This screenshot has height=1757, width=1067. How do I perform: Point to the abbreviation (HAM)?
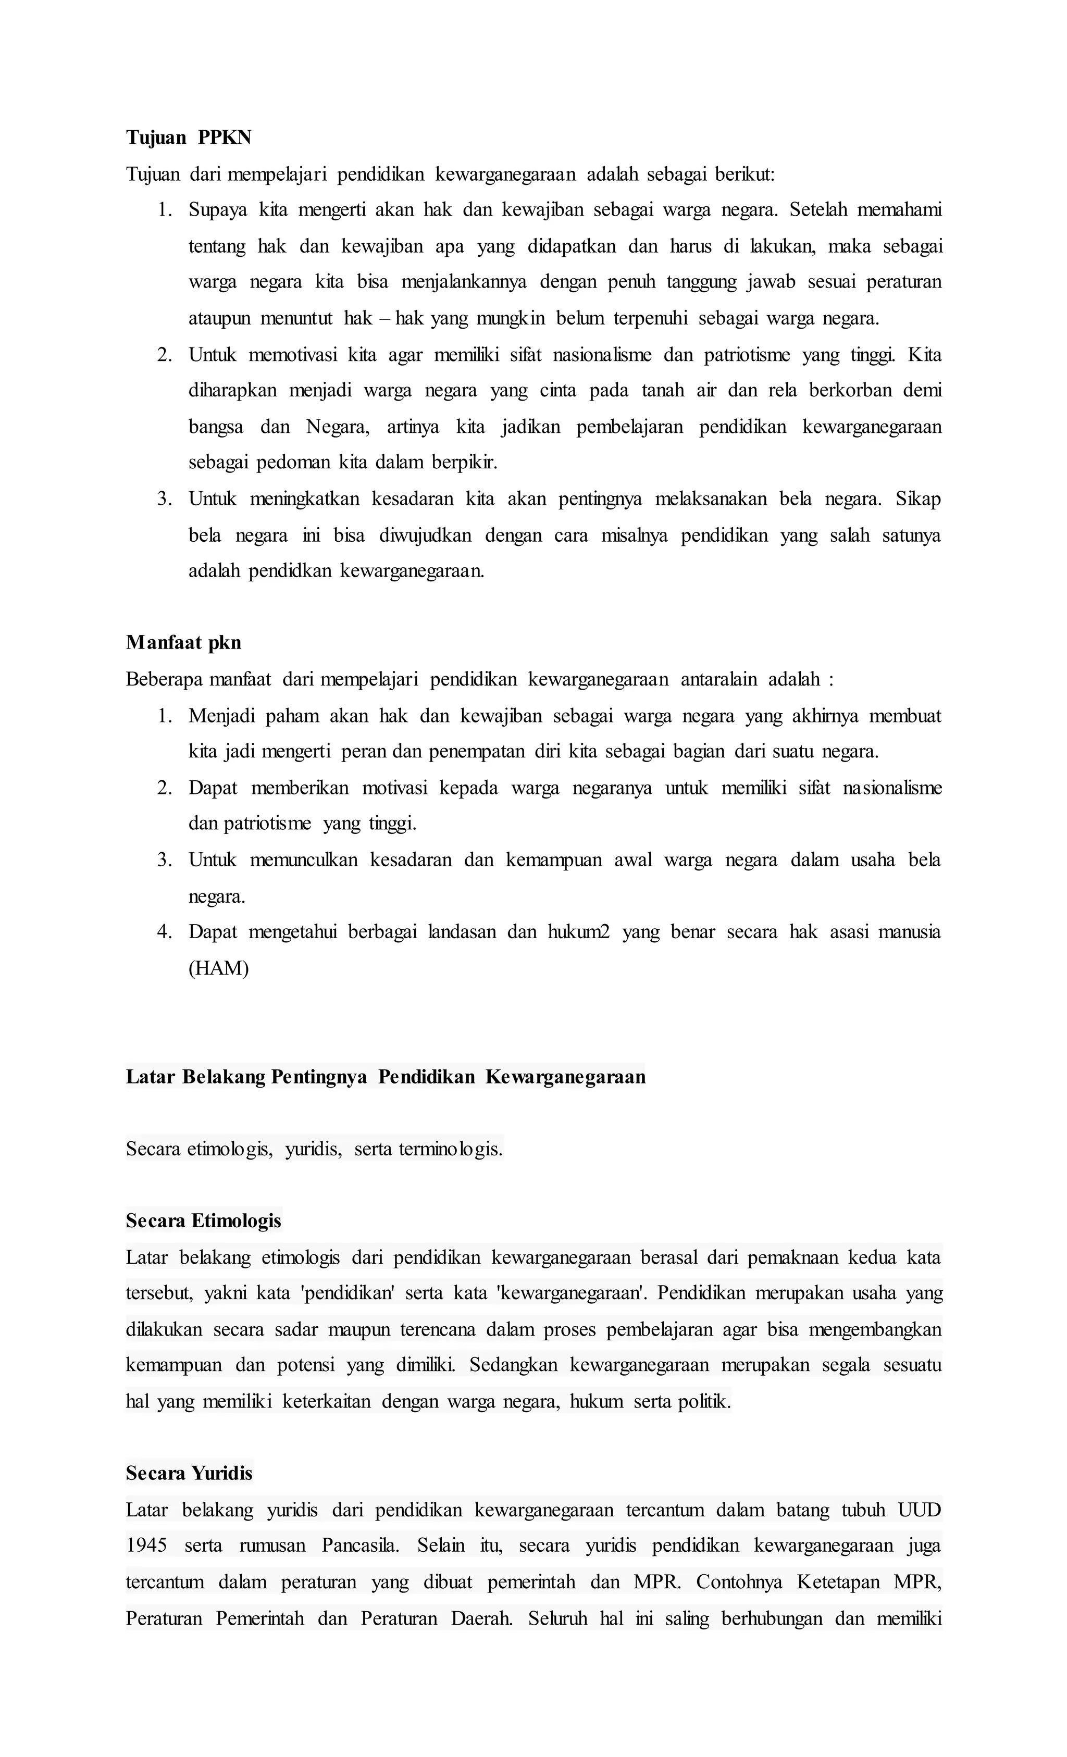pyautogui.click(x=218, y=968)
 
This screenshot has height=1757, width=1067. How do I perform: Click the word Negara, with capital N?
pyautogui.click(x=338, y=427)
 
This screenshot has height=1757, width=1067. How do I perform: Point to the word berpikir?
pyautogui.click(x=464, y=463)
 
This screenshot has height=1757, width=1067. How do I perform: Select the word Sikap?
pyautogui.click(x=918, y=499)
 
